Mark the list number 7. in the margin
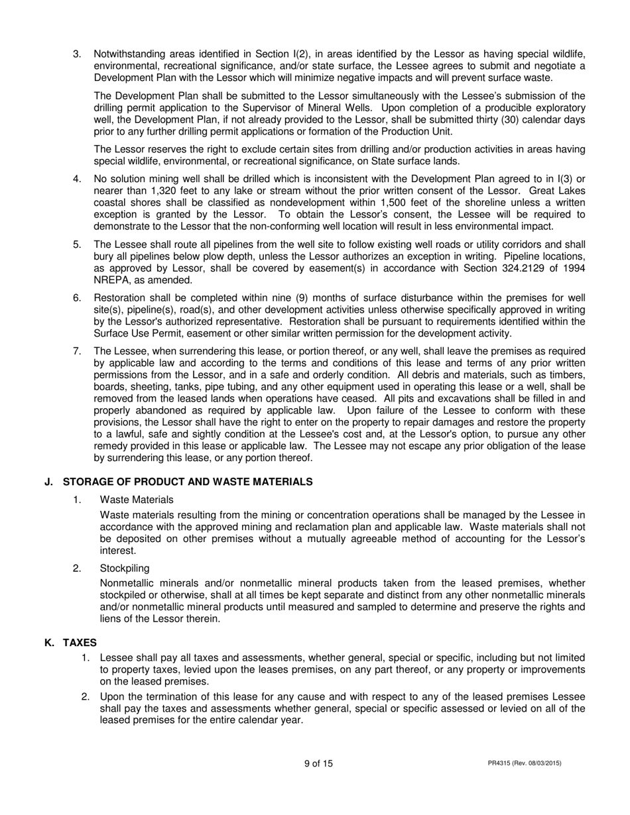click(77, 351)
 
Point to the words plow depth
click(197, 256)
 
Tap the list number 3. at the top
click(77, 54)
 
